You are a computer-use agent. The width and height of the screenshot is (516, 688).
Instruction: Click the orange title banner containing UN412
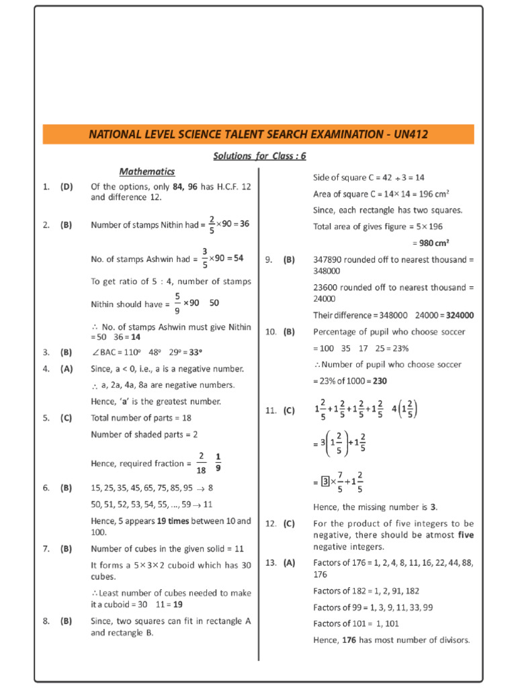click(258, 134)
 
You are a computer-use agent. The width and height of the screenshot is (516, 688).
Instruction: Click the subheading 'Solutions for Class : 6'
click(259, 156)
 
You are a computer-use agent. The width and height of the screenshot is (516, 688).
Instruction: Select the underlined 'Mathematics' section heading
click(146, 171)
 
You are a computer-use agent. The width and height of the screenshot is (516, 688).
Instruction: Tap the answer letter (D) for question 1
click(66, 186)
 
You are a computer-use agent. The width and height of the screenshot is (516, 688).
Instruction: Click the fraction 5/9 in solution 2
click(177, 303)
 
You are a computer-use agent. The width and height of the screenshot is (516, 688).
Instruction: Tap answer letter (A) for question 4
click(66, 368)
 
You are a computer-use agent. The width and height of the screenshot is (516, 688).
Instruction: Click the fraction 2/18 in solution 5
click(201, 463)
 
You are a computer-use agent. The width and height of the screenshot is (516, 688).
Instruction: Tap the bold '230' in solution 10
click(380, 380)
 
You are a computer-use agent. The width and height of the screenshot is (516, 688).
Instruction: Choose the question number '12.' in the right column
click(271, 523)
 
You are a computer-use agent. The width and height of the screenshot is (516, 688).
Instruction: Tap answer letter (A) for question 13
click(289, 562)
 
